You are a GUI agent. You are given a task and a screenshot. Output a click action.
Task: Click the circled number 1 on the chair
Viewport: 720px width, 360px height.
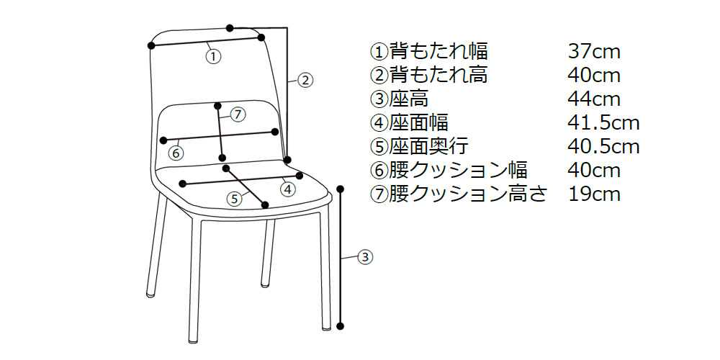click(x=213, y=55)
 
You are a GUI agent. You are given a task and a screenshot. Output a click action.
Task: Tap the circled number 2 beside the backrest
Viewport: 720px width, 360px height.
click(x=305, y=80)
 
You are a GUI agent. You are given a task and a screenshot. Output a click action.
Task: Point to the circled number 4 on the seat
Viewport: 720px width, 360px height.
click(x=287, y=189)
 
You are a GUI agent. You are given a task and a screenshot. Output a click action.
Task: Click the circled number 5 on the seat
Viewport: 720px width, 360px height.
click(x=234, y=199)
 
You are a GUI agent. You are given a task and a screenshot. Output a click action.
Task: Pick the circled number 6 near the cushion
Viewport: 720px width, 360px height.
click(x=175, y=153)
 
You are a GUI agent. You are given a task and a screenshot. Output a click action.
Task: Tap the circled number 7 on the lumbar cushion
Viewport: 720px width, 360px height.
click(x=239, y=114)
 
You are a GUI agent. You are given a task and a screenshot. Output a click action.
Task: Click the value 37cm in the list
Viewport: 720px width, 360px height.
click(x=594, y=52)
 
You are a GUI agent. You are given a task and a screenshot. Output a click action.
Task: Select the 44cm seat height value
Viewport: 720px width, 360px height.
click(x=594, y=99)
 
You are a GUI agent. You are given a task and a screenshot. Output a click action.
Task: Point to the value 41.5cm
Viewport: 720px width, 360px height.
click(x=603, y=123)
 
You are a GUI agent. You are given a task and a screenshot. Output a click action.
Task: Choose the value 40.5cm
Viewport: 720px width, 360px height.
click(x=603, y=147)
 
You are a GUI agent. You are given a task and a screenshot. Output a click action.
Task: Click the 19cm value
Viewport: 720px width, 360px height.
click(x=594, y=194)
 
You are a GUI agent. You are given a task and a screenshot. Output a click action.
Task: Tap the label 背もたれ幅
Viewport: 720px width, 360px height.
click(x=438, y=52)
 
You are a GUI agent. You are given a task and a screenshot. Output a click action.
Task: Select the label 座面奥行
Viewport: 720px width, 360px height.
click(x=429, y=147)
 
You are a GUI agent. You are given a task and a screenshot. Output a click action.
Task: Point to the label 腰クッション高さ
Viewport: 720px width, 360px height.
click(x=468, y=194)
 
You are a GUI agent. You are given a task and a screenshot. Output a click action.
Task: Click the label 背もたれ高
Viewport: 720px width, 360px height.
click(x=438, y=76)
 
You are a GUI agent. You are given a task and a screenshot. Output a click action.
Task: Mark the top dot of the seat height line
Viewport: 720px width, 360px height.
click(x=341, y=189)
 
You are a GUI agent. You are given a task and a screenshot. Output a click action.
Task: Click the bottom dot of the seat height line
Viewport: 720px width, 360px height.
click(x=341, y=327)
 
